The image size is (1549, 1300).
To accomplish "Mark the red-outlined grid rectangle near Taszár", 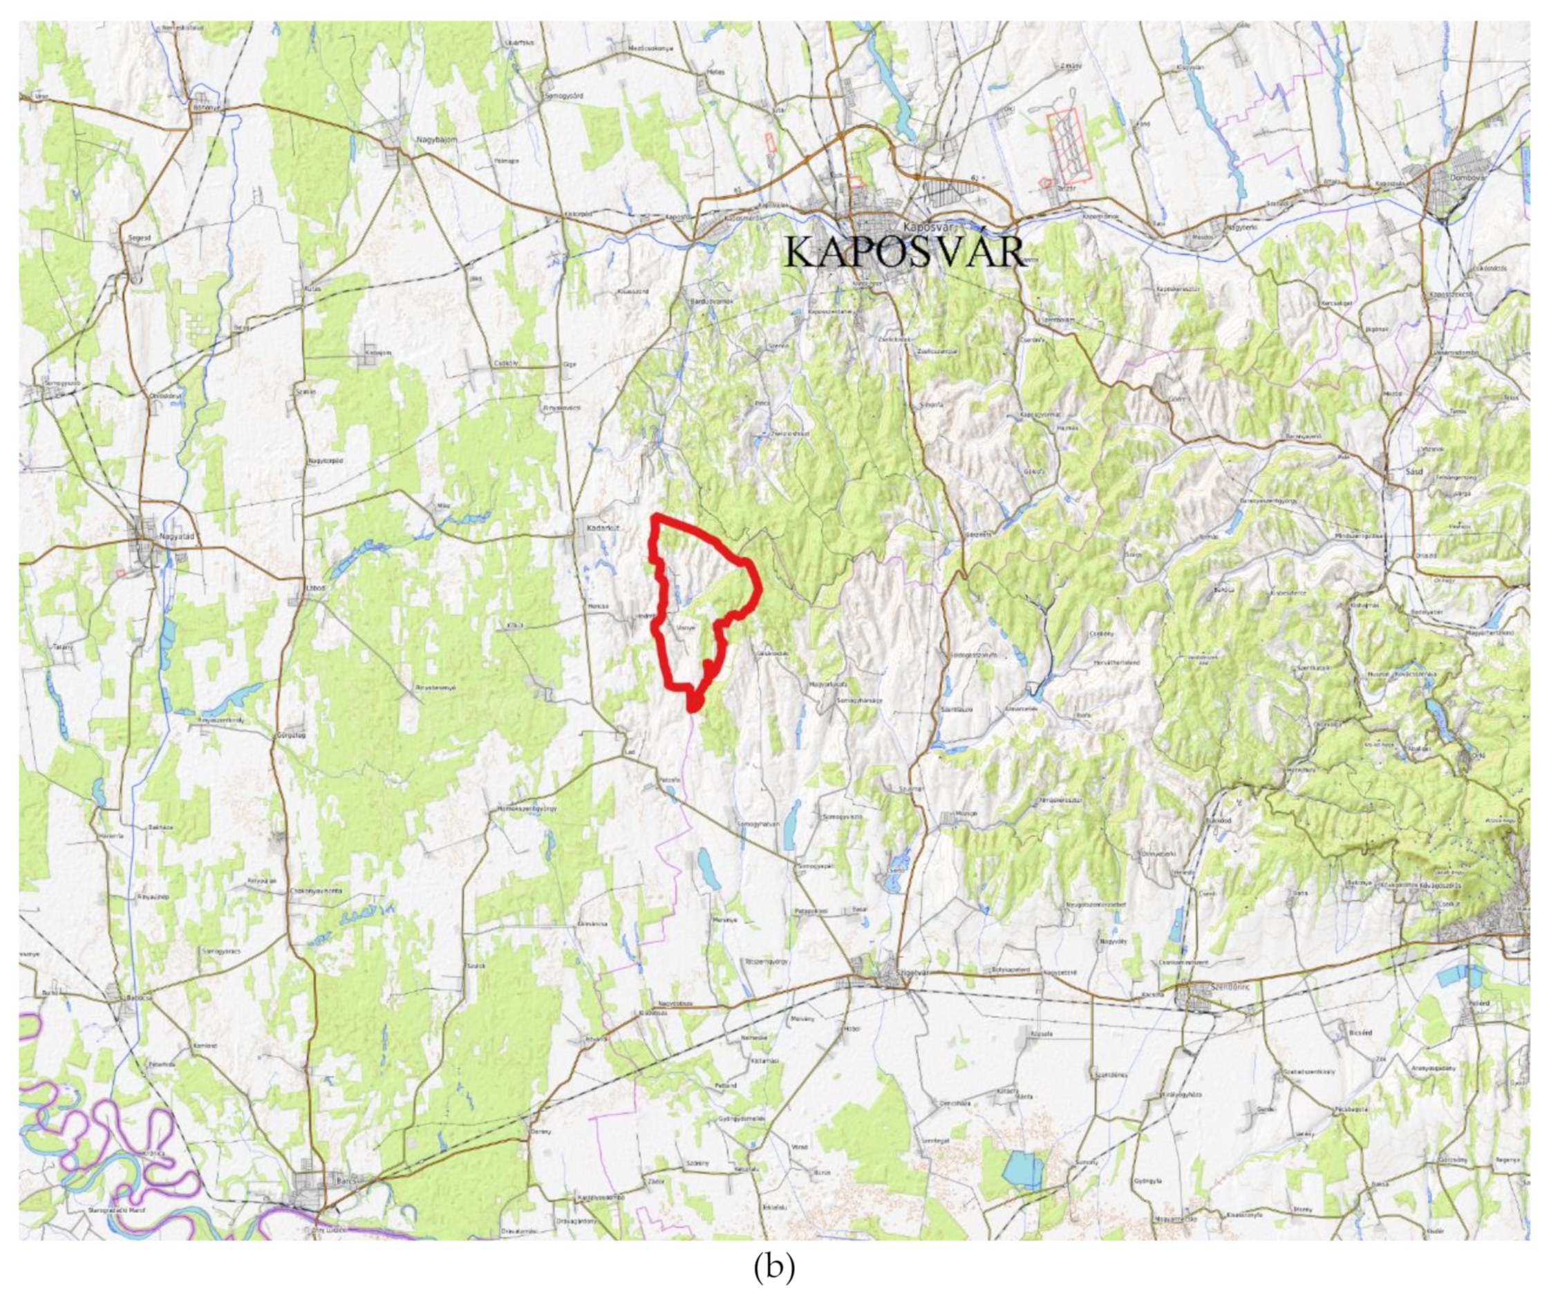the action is pos(1069,145).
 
